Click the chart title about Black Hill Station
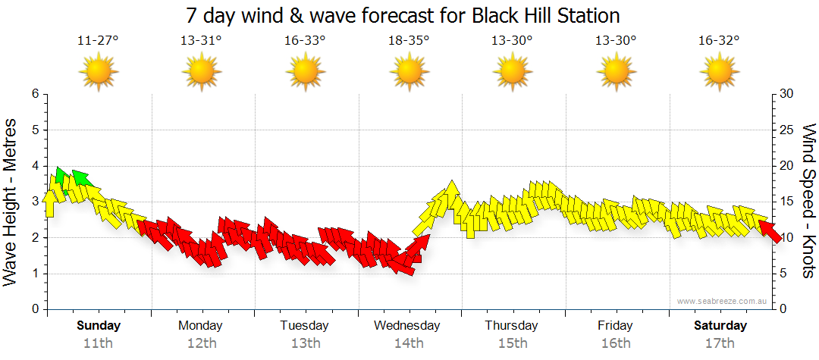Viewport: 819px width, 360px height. pyautogui.click(x=403, y=15)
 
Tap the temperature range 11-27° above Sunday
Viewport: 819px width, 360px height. pyautogui.click(x=98, y=40)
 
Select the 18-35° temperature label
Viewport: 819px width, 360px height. pyautogui.click(x=409, y=40)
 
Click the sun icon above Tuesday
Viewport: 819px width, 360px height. pyautogui.click(x=305, y=73)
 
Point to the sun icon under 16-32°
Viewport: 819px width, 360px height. pyautogui.click(x=719, y=73)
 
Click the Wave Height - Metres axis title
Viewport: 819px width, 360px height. pyautogui.click(x=11, y=202)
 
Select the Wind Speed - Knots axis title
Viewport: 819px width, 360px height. pyautogui.click(x=808, y=201)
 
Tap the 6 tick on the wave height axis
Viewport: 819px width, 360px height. pyautogui.click(x=34, y=94)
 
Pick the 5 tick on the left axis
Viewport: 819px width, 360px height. pyautogui.click(x=34, y=130)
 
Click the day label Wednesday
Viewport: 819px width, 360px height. pyautogui.click(x=406, y=326)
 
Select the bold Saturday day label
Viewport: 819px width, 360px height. pyautogui.click(x=720, y=326)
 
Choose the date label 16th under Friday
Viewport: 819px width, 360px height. pyautogui.click(x=615, y=343)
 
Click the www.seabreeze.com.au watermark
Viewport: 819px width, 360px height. pyautogui.click(x=723, y=301)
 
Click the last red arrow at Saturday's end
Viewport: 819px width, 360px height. pyautogui.click(x=770, y=231)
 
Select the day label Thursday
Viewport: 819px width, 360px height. pyautogui.click(x=511, y=326)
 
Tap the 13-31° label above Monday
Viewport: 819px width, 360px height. pyautogui.click(x=201, y=40)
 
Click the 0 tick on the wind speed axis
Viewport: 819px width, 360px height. pyautogui.click(x=782, y=309)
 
